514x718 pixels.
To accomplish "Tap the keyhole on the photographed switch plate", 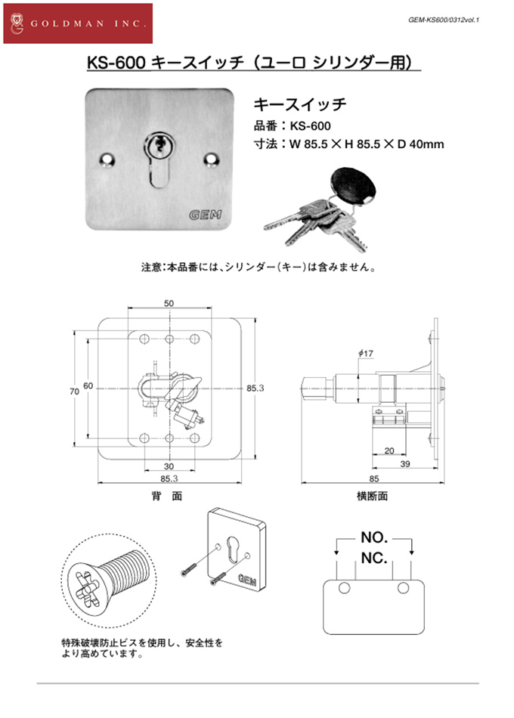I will (x=158, y=146).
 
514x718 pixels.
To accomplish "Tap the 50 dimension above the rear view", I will (x=169, y=303).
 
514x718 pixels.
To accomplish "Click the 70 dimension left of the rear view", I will (x=73, y=391).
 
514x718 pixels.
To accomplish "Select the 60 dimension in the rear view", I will (x=88, y=386).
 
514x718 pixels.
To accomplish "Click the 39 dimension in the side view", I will (x=405, y=463).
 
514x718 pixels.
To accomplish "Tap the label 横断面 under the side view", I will (x=372, y=497).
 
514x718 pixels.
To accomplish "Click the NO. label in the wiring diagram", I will (x=373, y=538).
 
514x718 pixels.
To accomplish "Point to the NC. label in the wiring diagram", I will (x=373, y=559).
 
